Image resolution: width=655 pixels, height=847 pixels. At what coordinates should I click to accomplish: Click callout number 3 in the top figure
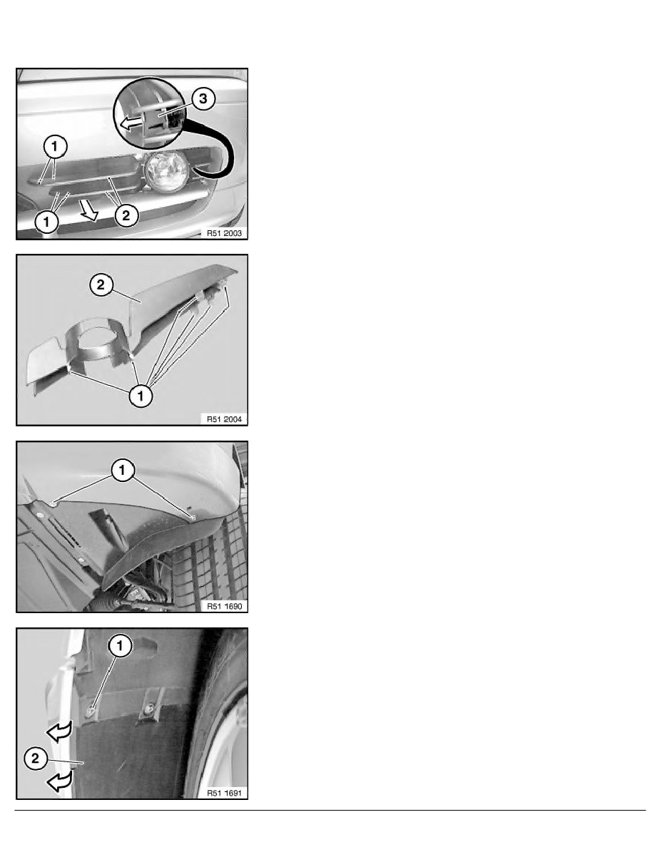tap(203, 99)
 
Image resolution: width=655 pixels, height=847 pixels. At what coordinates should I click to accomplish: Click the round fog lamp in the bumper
tap(166, 171)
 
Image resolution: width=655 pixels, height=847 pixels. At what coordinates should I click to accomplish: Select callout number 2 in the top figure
tap(126, 216)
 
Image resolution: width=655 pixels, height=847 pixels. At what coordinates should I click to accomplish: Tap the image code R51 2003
tap(224, 233)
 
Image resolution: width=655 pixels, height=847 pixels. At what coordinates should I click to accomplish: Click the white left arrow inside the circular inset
tap(131, 124)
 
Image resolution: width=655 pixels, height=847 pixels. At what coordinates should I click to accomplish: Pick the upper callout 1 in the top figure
tap(54, 146)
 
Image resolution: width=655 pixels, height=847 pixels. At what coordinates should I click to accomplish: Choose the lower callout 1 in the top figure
tap(46, 222)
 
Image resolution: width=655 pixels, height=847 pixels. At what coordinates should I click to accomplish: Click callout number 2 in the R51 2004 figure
tap(101, 284)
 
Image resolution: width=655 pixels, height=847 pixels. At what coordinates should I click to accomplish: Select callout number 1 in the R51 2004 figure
tap(141, 396)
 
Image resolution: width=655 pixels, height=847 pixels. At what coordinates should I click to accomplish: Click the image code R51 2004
tap(224, 419)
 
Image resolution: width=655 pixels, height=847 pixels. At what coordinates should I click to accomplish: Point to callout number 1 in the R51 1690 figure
tap(122, 471)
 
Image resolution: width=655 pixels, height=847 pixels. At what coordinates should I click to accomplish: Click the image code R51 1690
tap(224, 606)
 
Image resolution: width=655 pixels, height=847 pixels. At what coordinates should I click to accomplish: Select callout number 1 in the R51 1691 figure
tap(120, 645)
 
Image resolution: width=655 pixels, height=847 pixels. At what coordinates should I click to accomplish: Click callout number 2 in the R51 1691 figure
tap(36, 759)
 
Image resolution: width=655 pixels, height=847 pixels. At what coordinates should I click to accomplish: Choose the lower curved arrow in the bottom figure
tap(59, 781)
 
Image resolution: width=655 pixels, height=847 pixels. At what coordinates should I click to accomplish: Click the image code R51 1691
tap(224, 793)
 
